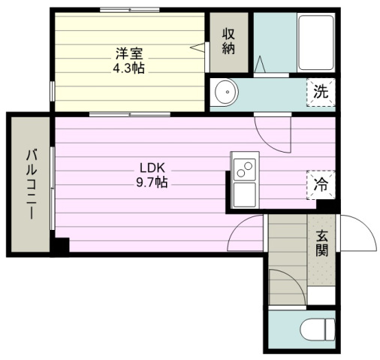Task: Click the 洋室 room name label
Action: (129, 53)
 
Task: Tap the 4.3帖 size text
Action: (129, 68)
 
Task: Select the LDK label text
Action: (152, 168)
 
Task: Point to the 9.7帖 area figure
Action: (152, 182)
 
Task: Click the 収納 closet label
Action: (228, 41)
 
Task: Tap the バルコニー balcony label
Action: (32, 184)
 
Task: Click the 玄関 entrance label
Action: (321, 243)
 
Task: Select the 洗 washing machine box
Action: (321, 92)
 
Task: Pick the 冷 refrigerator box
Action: (321, 185)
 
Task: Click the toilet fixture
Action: (318, 329)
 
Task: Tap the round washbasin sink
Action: (224, 92)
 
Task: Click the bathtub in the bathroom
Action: (316, 43)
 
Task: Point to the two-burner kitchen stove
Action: (245, 169)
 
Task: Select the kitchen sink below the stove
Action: (245, 195)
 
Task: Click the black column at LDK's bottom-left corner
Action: (61, 246)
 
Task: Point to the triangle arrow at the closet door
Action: (198, 47)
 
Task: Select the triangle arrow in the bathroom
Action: (260, 64)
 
